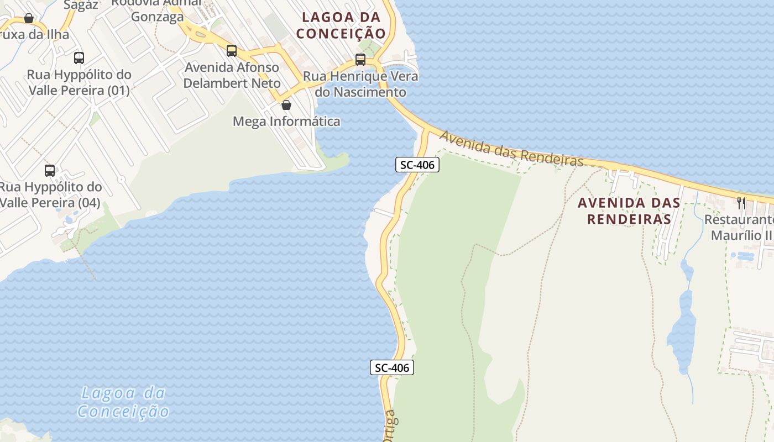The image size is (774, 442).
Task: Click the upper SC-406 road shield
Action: coord(417,164)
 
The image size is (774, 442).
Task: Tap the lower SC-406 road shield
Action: coord(392,367)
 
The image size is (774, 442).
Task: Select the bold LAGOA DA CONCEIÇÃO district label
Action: coord(341,25)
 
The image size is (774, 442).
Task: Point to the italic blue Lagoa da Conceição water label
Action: coord(123,402)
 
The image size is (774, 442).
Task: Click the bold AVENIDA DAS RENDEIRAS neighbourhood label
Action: coord(629,211)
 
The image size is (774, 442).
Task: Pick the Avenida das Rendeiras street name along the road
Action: coord(511,148)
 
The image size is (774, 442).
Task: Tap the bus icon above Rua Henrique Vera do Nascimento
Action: coord(360,59)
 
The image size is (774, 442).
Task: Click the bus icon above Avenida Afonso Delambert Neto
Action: coord(232,51)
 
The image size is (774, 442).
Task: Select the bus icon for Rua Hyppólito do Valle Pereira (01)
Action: coord(79,58)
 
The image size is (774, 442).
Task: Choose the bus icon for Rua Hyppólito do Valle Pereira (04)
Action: coord(50,171)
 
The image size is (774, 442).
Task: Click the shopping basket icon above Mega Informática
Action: coord(286,105)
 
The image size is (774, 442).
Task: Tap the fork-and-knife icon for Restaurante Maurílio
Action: coord(741,203)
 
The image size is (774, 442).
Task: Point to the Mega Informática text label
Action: coord(286,121)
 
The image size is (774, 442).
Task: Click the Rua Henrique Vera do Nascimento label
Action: coord(360,84)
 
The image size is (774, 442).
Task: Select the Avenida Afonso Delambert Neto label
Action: coord(232,75)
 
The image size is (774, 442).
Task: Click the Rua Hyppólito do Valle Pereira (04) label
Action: coord(51,195)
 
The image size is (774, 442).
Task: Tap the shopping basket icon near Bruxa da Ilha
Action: coord(29,19)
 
